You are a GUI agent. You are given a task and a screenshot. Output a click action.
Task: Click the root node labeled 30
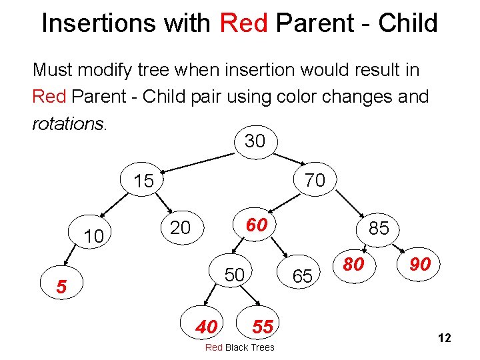point(255,141)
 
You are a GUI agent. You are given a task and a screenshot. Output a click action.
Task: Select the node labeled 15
point(143,181)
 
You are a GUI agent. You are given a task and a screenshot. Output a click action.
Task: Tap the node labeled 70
point(315,180)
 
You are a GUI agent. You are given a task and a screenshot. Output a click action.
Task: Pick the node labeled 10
point(94,235)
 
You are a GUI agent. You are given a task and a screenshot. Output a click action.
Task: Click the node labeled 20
point(179,228)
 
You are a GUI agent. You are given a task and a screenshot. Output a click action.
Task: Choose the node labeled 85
point(379,228)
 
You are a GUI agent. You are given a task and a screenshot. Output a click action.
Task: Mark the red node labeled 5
point(61,287)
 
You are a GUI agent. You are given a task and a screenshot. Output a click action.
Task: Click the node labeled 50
point(233,275)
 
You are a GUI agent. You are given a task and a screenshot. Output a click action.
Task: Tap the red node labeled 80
point(353,265)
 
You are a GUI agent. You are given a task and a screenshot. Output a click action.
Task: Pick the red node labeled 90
point(419,265)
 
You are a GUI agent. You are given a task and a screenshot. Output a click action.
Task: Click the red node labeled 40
point(206,327)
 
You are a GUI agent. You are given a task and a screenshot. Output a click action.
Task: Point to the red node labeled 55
point(263,326)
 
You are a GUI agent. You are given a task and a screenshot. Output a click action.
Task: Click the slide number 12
point(445,339)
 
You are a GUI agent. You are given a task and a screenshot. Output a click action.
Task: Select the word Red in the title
point(243,23)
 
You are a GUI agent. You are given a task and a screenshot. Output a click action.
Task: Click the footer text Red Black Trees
point(239,347)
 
